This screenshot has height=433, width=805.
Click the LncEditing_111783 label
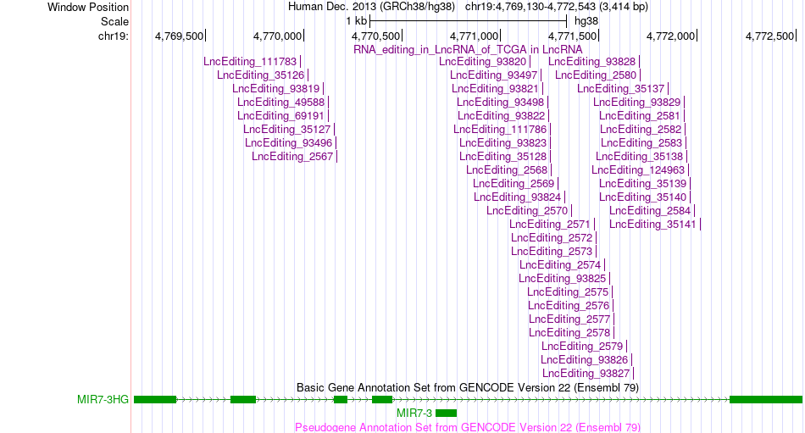250,62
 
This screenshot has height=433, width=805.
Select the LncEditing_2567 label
292,157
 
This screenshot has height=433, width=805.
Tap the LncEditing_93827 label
586,374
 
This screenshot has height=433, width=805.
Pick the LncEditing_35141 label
652,225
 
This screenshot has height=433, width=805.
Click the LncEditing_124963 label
638,170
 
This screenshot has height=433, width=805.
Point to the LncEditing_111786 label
500,130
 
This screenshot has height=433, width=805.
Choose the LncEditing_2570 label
527,211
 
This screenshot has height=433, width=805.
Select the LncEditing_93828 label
592,62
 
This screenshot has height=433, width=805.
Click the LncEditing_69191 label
280,116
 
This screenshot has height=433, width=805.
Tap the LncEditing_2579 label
582,347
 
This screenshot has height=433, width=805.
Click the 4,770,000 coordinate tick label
277,36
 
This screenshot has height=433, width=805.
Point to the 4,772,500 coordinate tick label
769,36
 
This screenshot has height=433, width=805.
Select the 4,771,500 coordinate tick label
573,36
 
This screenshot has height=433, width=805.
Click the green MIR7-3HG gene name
103,400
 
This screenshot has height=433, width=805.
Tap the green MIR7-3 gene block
446,413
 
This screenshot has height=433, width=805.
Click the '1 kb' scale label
356,21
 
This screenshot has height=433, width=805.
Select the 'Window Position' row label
88,7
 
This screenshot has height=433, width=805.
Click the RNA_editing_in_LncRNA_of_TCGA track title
469,50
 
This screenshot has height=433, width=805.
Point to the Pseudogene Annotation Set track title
468,427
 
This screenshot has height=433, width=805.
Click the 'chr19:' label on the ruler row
114,36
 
